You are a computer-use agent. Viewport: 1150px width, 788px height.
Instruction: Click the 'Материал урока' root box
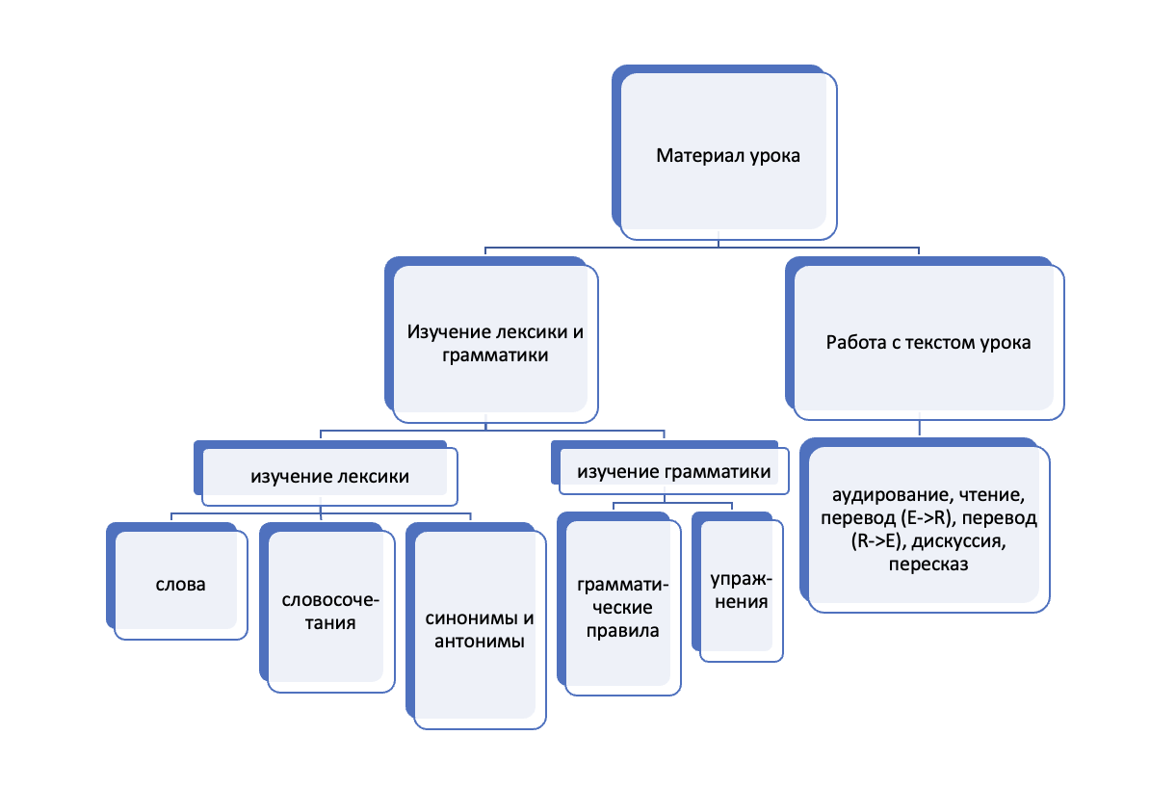coord(724,152)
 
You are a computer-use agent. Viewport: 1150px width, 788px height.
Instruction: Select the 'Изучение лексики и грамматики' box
coord(491,340)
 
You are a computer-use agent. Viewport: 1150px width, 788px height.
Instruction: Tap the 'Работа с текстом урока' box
coord(925,338)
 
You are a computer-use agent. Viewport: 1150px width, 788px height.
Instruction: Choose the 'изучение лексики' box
coord(326,473)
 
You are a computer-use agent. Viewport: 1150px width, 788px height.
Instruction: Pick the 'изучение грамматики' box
coord(669,467)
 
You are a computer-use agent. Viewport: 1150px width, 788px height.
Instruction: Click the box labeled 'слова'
coord(177,581)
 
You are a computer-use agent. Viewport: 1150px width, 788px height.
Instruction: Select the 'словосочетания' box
coord(327,608)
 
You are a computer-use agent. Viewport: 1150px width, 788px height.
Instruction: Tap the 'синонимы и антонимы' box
coord(476,626)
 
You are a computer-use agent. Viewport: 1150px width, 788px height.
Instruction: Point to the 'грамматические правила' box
coord(619,604)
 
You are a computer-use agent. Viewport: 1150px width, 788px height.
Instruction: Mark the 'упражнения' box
coord(737,587)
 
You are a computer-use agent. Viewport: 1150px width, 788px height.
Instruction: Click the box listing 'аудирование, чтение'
coord(925,525)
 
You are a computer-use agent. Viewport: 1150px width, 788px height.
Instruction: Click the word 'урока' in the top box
coord(774,155)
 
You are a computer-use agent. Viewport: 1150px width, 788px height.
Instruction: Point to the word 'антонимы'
coord(479,642)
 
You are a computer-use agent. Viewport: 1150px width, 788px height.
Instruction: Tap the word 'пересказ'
coord(928,565)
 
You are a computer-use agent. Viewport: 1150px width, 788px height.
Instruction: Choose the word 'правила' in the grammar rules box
coord(622,631)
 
